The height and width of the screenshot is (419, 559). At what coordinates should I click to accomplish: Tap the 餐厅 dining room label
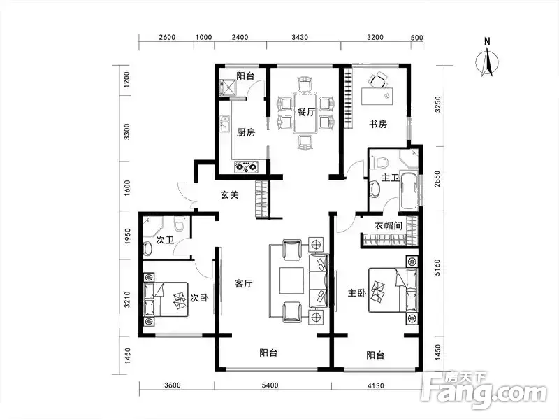(x=306, y=112)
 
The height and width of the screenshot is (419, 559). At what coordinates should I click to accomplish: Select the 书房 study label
(x=378, y=125)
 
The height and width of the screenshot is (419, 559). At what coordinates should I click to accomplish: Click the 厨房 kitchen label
(x=246, y=132)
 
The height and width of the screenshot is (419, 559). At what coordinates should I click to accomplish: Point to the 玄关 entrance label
(x=229, y=195)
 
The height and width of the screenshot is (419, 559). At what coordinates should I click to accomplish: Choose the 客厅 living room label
(x=243, y=284)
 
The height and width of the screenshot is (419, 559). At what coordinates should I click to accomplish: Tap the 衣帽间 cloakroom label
(x=389, y=226)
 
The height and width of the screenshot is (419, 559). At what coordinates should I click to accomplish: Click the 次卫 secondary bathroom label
(x=165, y=240)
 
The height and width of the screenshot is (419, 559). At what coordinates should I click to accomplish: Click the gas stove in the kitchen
(x=246, y=166)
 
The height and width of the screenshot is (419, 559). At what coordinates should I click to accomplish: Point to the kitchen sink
(x=225, y=123)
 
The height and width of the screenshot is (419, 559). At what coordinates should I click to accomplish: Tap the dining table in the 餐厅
(x=306, y=113)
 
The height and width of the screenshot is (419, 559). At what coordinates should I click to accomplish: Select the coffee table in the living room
(x=291, y=280)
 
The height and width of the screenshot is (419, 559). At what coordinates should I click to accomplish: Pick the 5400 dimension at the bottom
(x=270, y=385)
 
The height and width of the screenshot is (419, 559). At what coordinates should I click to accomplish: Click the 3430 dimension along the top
(x=300, y=37)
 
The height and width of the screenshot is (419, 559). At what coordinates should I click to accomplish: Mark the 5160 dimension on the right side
(x=438, y=267)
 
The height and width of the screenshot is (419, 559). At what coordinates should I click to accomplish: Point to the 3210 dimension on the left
(x=127, y=299)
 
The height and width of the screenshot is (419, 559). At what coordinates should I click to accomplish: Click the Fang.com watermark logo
(x=484, y=392)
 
